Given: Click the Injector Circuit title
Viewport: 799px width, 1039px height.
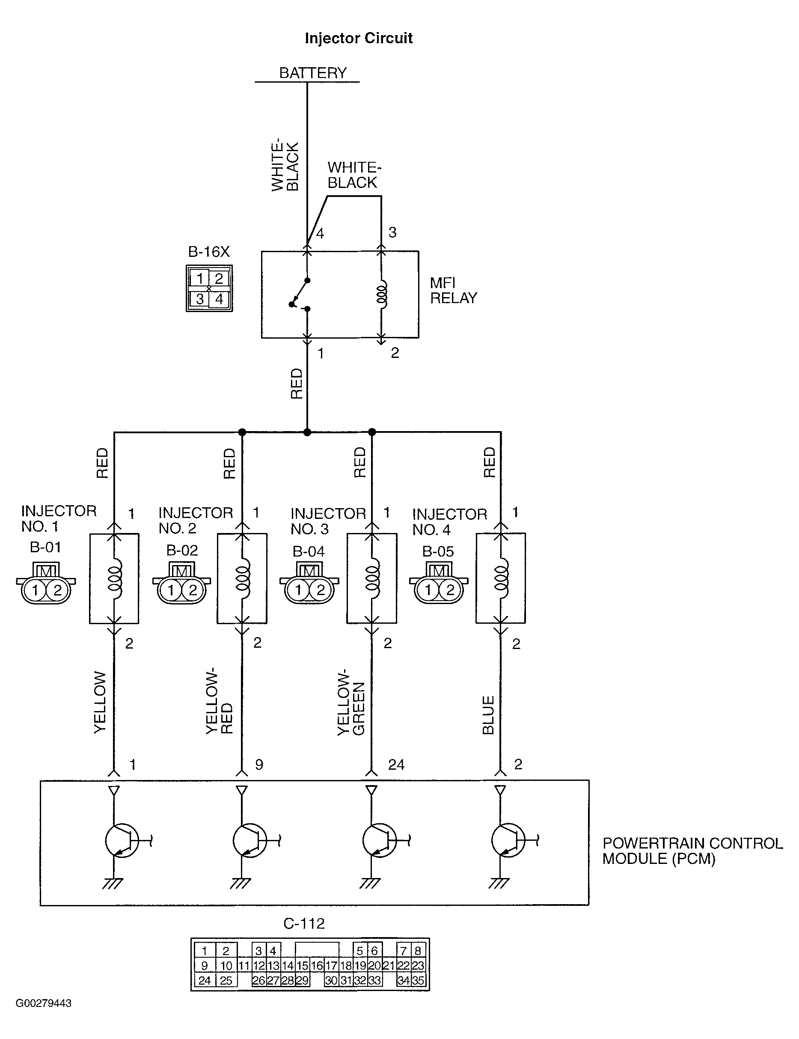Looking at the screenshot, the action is pos(359,39).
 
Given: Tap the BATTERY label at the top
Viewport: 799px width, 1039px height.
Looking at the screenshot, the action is pos(313,73).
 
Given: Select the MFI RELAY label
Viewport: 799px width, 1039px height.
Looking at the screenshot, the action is pos(453,290).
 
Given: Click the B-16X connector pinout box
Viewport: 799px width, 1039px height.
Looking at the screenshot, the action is pos(209,288).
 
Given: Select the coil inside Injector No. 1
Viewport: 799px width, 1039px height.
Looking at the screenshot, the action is pos(115,578).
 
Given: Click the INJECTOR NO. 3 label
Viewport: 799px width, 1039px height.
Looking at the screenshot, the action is pos(328,521).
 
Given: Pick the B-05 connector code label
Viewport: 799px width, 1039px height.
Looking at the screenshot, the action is pos(438,551).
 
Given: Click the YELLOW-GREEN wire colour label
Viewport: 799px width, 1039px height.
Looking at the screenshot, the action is pos(351,702).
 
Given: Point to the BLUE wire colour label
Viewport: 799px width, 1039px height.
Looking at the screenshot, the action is pos(488,715).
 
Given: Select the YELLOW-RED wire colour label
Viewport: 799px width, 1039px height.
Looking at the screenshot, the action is pos(219,701).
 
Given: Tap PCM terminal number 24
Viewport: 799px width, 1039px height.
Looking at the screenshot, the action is pos(396,765).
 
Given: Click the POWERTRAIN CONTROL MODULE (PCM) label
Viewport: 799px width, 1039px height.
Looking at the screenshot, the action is pos(692,851).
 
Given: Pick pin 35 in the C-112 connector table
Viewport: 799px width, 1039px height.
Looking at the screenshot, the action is pos(419,980).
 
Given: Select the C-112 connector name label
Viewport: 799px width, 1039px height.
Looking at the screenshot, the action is pos(304,923).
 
